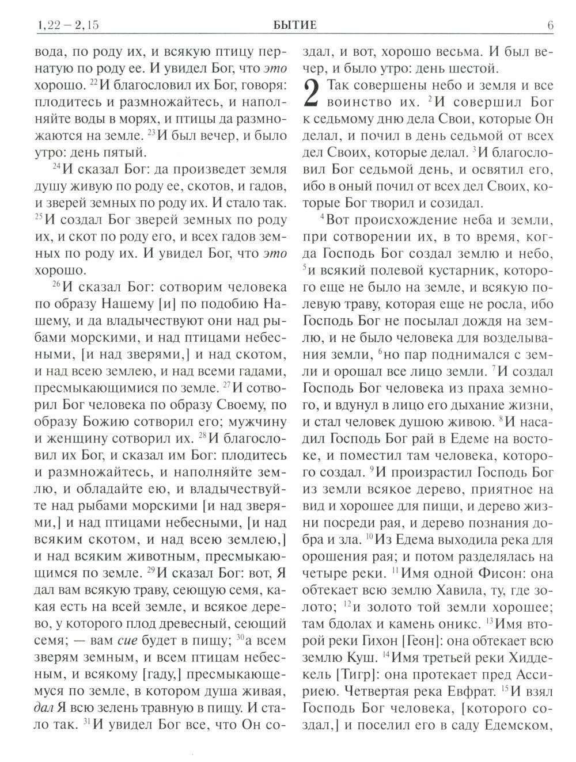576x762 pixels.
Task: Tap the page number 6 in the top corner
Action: click(x=551, y=25)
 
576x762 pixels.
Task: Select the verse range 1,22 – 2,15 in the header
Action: click(x=58, y=25)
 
